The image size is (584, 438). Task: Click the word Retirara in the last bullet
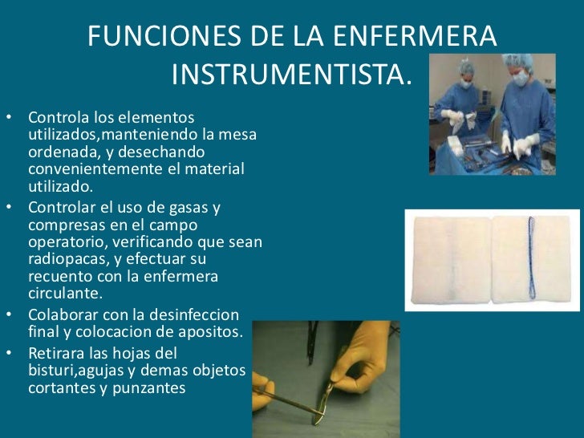pos(57,353)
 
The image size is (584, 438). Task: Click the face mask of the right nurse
pos(521,79)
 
